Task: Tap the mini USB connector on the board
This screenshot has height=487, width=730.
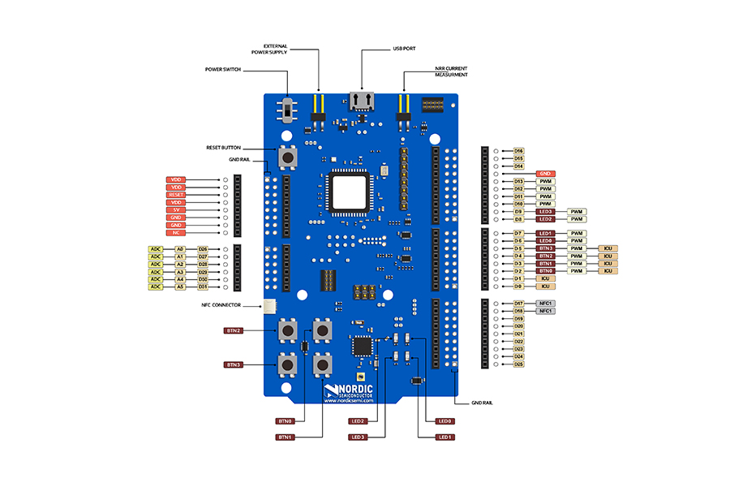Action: [361, 101]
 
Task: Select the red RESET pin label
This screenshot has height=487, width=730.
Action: [178, 195]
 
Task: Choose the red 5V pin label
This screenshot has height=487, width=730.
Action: [178, 210]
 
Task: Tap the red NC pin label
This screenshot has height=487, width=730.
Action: [178, 233]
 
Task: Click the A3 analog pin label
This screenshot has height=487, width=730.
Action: [180, 271]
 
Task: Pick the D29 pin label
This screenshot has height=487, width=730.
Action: [203, 271]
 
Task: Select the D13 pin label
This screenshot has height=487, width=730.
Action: [518, 181]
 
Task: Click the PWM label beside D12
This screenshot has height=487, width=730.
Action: [546, 188]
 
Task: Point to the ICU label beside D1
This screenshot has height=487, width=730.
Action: [546, 278]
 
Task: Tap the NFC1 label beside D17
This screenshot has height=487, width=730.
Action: [546, 304]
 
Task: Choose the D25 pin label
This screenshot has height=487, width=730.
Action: [518, 364]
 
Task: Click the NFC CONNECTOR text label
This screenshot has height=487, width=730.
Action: [228, 305]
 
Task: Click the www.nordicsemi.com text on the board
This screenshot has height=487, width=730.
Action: [347, 399]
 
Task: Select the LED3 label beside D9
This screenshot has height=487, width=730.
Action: [546, 211]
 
